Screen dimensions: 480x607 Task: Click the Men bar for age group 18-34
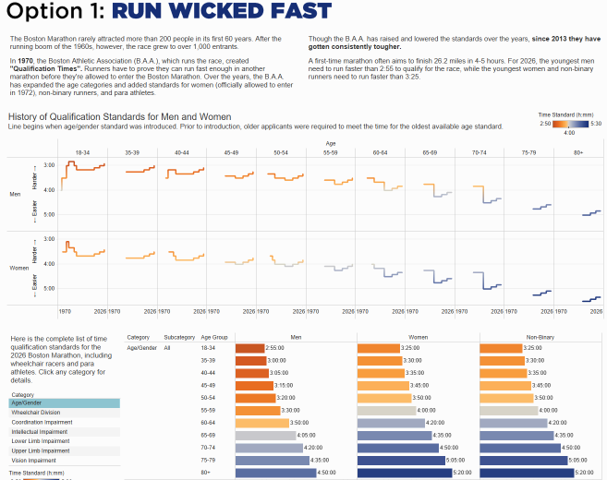pyautogui.click(x=249, y=348)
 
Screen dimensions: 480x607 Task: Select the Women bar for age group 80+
pyautogui.click(x=417, y=472)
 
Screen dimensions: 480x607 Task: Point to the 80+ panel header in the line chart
pyautogui.click(x=578, y=152)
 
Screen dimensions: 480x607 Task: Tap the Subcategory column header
pyautogui.click(x=178, y=338)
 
